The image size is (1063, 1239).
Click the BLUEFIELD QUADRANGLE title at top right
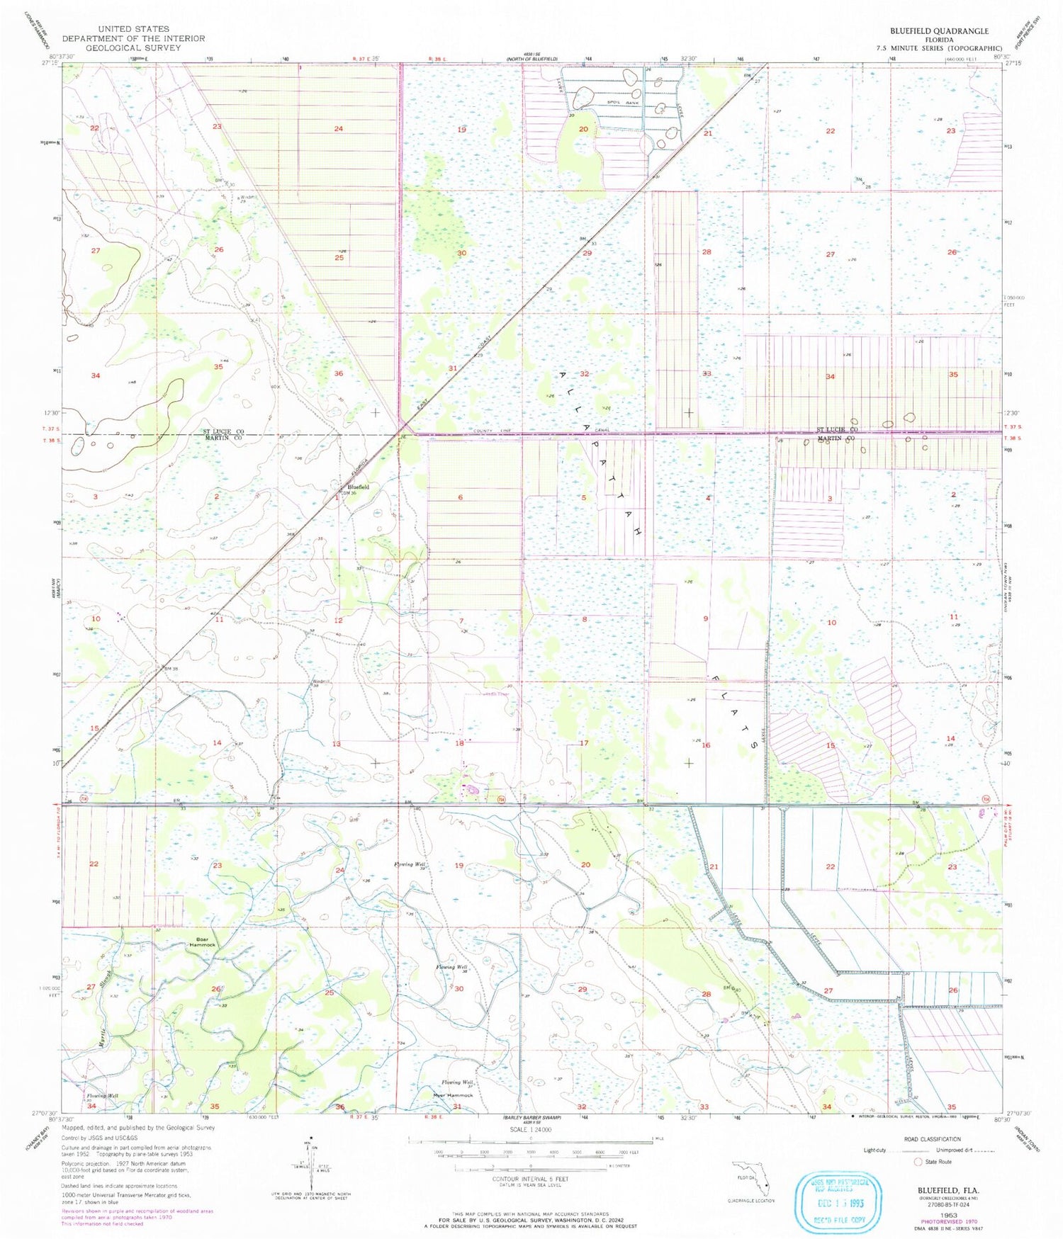pyautogui.click(x=938, y=31)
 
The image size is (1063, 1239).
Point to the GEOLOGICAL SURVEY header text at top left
pyautogui.click(x=133, y=47)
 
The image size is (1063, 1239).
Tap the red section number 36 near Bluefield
pyautogui.click(x=339, y=373)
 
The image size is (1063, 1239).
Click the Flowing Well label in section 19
pyautogui.click(x=411, y=865)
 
